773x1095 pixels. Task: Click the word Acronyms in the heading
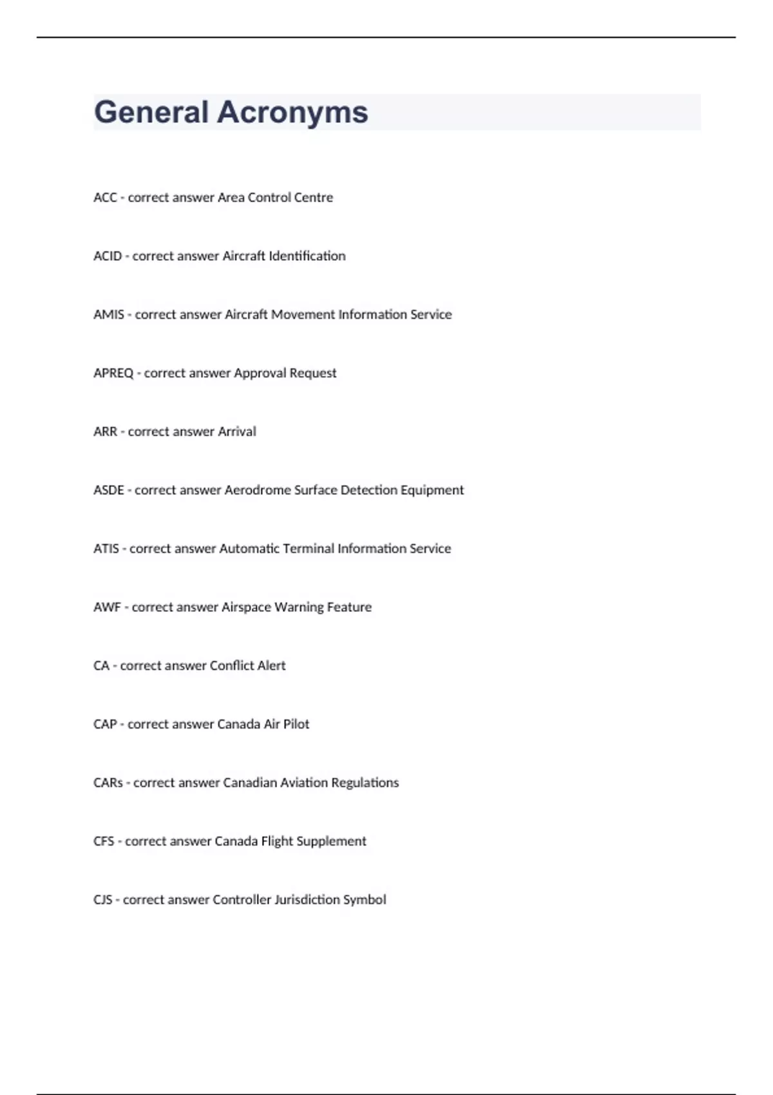[292, 113]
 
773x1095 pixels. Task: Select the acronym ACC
[105, 198]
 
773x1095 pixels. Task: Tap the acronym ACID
[108, 256]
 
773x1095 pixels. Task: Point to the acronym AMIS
[109, 315]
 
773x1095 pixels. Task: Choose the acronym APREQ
[113, 374]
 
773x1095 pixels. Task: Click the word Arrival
[236, 432]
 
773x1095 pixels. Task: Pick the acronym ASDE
[109, 490]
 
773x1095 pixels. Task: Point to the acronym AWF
[107, 607]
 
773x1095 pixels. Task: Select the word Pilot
[296, 725]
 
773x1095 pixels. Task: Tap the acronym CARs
[108, 783]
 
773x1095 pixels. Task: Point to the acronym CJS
[103, 900]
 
